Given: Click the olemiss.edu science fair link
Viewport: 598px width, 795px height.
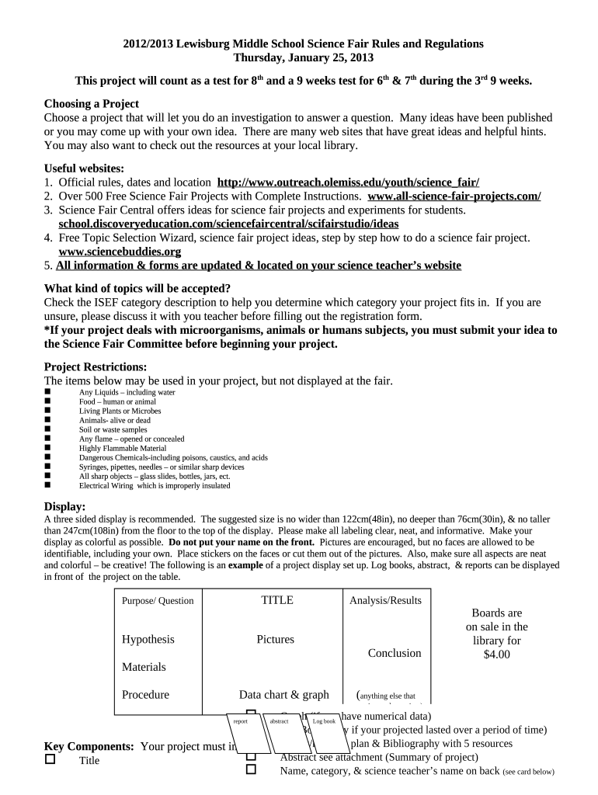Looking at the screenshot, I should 349,182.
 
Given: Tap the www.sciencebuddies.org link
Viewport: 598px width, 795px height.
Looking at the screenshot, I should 120,252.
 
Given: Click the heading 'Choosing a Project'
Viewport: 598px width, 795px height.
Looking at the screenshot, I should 92,103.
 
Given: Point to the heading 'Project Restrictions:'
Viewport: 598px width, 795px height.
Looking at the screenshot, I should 96,366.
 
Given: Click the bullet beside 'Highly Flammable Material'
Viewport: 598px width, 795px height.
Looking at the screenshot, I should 48,448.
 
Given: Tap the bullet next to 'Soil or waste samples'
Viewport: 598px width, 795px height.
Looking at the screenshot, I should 48,429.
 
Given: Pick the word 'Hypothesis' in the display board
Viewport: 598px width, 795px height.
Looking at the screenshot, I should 148,639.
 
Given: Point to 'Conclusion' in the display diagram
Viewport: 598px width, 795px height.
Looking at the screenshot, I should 395,653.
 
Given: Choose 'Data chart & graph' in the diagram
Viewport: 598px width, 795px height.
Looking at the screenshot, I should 283,695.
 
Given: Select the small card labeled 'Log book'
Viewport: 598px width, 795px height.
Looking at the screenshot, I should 324,722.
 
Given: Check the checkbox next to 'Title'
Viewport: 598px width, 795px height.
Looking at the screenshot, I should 50,760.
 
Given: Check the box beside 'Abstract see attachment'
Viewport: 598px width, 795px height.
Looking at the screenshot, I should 251,756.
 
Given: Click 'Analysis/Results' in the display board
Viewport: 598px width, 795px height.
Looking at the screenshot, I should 386,600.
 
